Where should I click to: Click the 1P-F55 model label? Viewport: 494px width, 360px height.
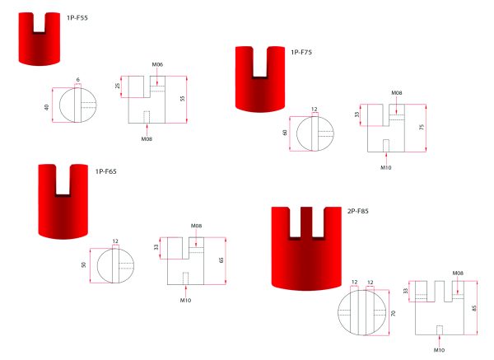pyautogui.click(x=77, y=18)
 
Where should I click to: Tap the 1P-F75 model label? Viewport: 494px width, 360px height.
pyautogui.click(x=301, y=53)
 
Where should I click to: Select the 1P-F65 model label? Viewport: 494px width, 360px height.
pyautogui.click(x=106, y=171)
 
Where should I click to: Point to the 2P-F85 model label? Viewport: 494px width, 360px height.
pyautogui.click(x=357, y=211)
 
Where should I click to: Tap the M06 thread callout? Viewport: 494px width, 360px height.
pyautogui.click(x=157, y=64)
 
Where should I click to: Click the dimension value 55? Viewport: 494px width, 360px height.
pyautogui.click(x=183, y=99)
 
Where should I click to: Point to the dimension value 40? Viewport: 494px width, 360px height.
pyautogui.click(x=47, y=107)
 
